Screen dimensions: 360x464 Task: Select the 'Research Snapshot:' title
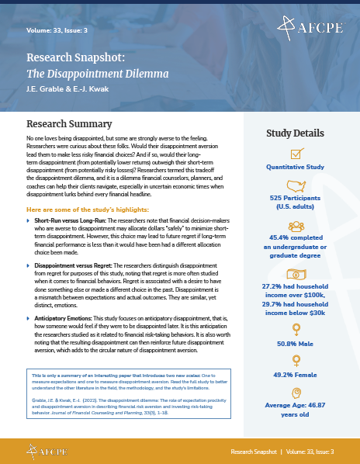75,57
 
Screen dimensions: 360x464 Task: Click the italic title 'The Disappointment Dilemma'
87,74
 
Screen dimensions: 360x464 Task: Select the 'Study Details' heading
300,133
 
